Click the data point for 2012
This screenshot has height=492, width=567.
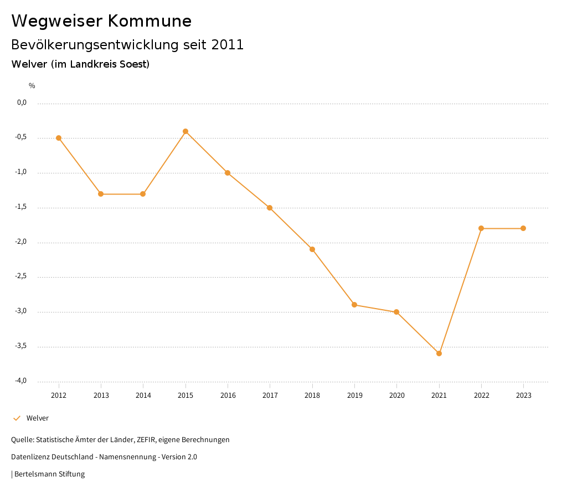(x=59, y=138)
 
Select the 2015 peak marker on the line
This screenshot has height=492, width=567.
(x=185, y=131)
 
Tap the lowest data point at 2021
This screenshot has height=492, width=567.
(x=439, y=353)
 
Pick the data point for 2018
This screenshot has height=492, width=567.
(x=312, y=249)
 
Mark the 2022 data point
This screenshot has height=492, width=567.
(x=481, y=228)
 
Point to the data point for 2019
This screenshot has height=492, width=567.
(x=354, y=305)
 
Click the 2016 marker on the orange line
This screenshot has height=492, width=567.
(x=228, y=173)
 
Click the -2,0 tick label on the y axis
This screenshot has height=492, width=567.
(x=21, y=242)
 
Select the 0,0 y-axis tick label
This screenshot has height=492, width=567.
(x=22, y=102)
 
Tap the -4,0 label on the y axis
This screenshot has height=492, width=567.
(x=21, y=381)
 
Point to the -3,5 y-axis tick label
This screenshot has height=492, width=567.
(x=21, y=346)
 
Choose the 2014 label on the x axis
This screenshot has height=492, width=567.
(x=143, y=396)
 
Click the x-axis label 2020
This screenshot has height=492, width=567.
(x=397, y=396)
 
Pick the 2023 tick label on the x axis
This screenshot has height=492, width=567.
(x=524, y=396)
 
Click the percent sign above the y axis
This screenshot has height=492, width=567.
(x=32, y=86)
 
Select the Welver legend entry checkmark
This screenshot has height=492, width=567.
(x=17, y=418)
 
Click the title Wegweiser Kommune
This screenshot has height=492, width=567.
(x=101, y=21)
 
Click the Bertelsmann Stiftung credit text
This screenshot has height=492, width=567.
(x=49, y=474)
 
